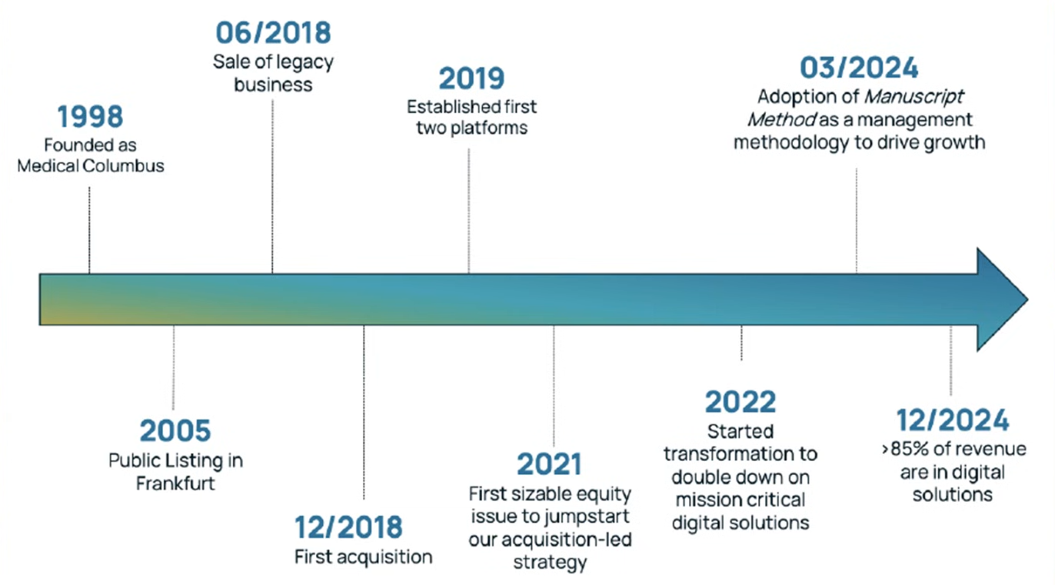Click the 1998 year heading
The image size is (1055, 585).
tap(90, 116)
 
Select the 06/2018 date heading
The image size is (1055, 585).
tap(273, 33)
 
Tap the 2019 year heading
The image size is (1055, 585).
tap(471, 79)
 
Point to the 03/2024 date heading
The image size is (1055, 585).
tap(859, 68)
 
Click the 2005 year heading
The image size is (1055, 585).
tap(175, 431)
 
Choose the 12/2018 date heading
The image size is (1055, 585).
tap(348, 527)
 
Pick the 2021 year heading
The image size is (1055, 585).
tap(549, 464)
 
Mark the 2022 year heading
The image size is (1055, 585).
tap(740, 402)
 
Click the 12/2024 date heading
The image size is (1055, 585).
tap(953, 420)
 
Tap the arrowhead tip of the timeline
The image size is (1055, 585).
tap(1027, 299)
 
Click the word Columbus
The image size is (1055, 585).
tap(123, 166)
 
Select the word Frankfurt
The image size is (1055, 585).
tap(175, 483)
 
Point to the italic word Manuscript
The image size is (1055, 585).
tap(914, 97)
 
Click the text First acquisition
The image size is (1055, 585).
tap(363, 557)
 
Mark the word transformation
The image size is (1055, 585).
tap(724, 454)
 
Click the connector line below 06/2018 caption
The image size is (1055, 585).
tap(272, 187)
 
